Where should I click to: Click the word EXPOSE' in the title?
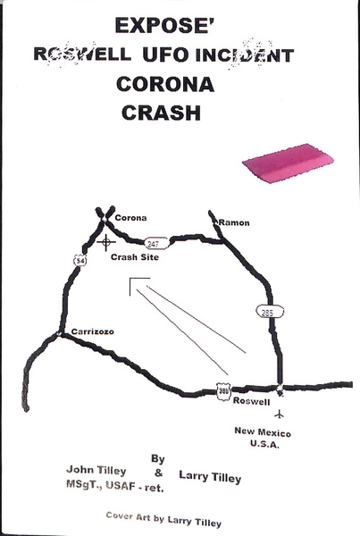[x=164, y=25]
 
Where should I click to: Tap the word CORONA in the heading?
[x=165, y=84]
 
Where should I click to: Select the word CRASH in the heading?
[x=161, y=113]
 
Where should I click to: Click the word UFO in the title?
[x=165, y=54]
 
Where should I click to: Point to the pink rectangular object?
[x=288, y=163]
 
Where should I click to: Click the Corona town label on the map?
[x=130, y=218]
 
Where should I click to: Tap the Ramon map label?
[x=234, y=222]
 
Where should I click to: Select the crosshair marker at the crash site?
[x=106, y=242]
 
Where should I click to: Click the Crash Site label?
[x=135, y=257]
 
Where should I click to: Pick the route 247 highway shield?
[x=156, y=243]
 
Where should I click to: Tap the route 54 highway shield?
[x=80, y=261]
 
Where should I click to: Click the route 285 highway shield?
[x=270, y=312]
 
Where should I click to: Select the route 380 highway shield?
[x=223, y=391]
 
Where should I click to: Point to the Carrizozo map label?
[x=93, y=331]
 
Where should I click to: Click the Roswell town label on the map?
[x=251, y=401]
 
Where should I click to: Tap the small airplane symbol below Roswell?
[x=280, y=415]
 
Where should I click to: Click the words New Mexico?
[x=263, y=432]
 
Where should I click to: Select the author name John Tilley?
[x=96, y=470]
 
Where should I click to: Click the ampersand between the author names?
[x=158, y=473]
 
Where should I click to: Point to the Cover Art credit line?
[x=163, y=520]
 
